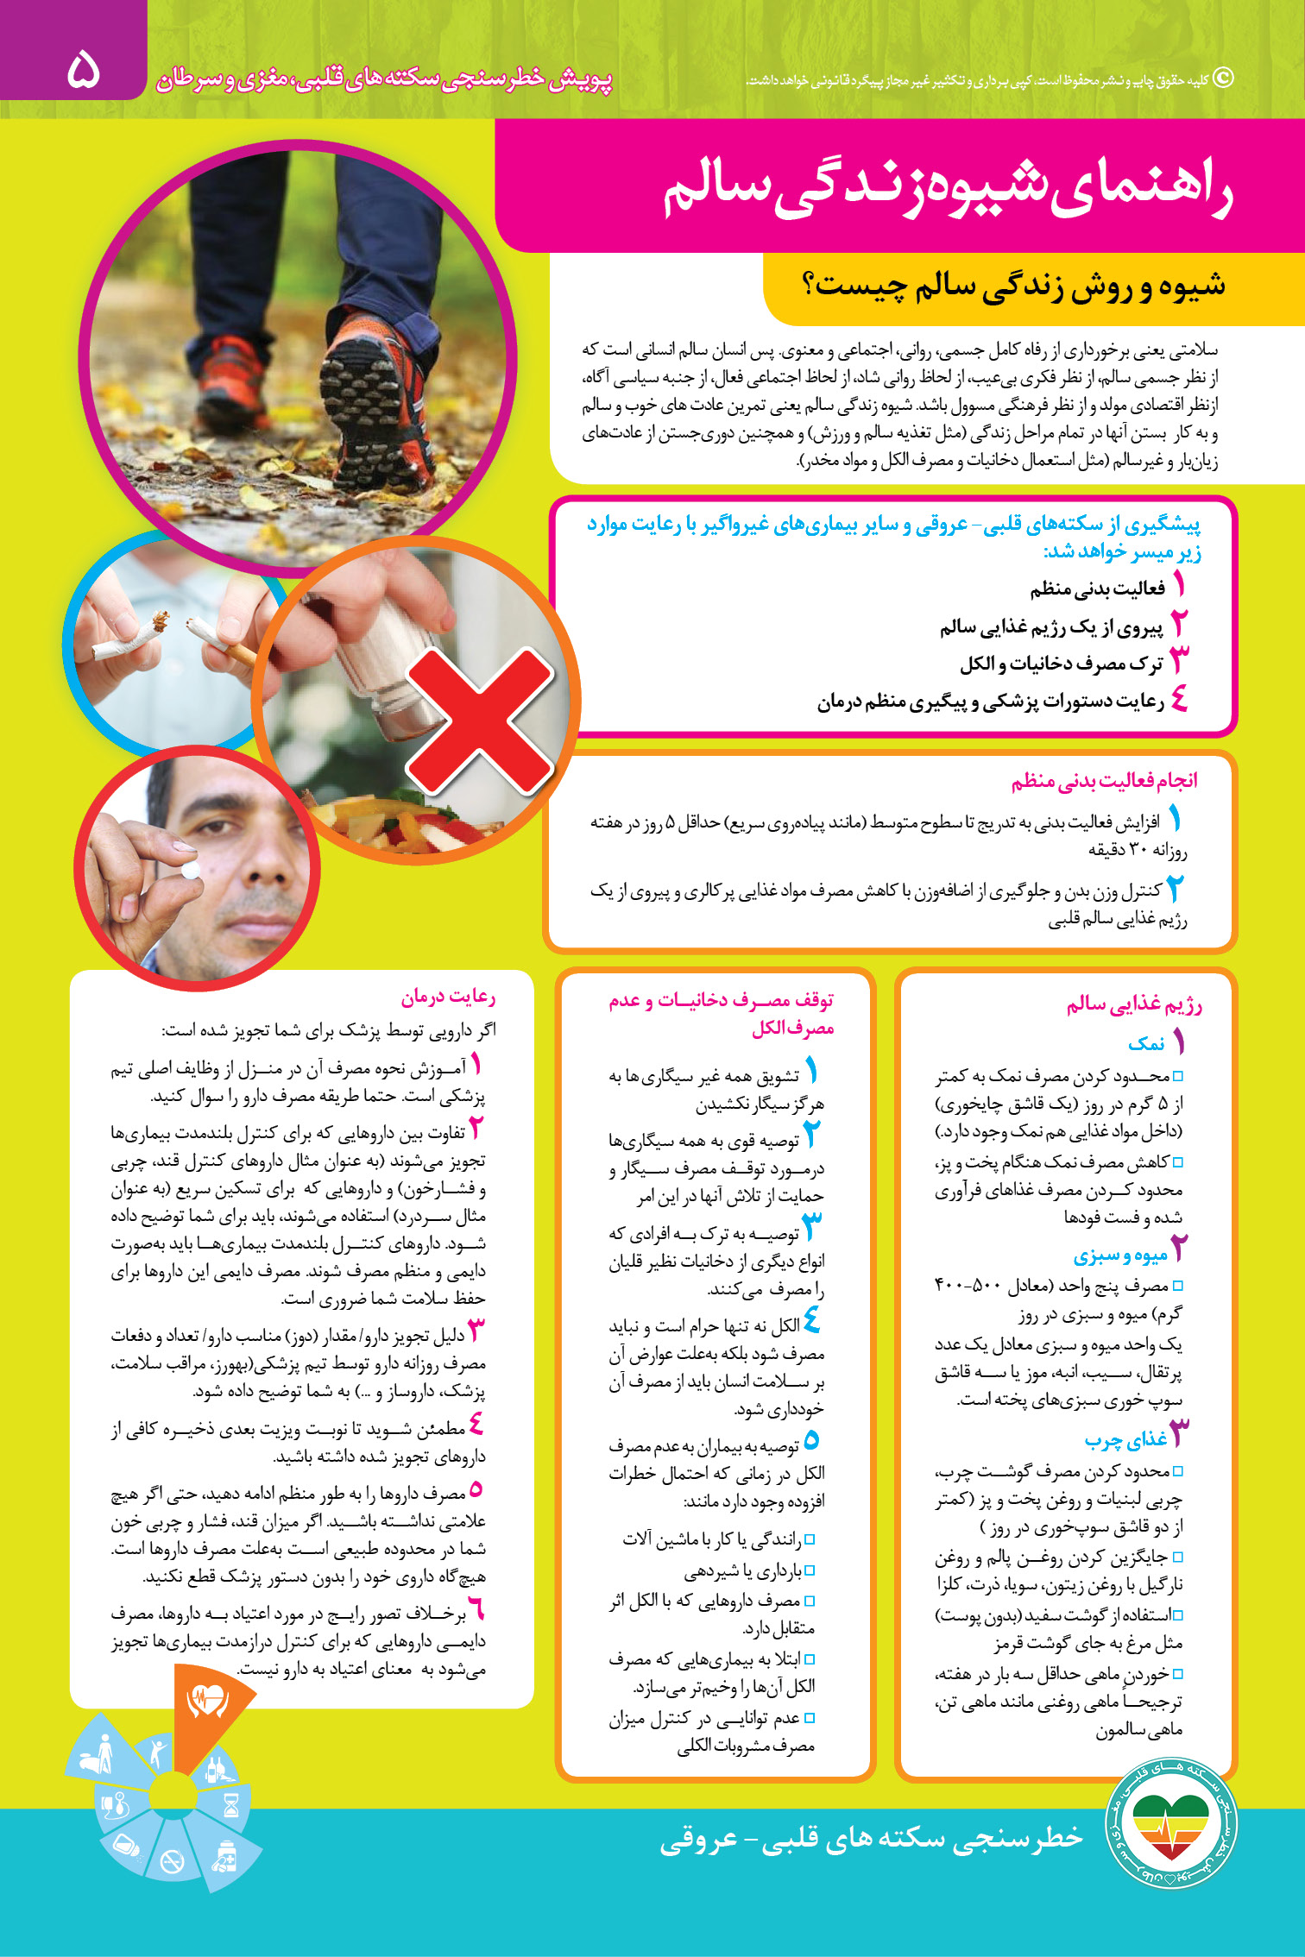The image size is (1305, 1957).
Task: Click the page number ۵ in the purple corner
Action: [84, 70]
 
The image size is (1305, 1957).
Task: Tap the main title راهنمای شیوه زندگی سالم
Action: [947, 190]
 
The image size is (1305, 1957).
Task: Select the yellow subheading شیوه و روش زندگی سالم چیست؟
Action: [1018, 286]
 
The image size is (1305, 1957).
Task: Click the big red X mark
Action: [480, 721]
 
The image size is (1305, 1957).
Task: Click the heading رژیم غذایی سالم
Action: [1133, 1004]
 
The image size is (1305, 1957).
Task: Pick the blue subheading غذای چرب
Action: [1125, 1439]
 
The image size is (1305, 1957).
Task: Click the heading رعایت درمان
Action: [447, 997]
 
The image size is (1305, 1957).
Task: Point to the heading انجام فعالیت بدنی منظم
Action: [1104, 781]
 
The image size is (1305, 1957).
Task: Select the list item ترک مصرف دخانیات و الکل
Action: [1061, 664]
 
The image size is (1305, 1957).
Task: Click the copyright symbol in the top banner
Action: [1223, 79]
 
